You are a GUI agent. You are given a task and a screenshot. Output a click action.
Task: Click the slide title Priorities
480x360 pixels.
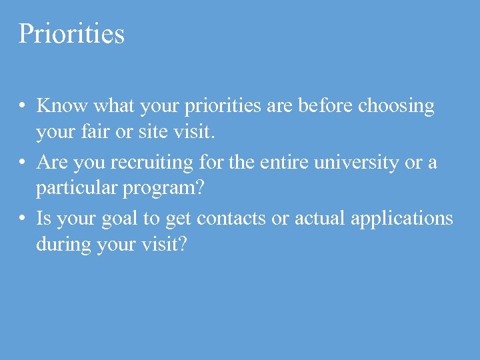coord(71,33)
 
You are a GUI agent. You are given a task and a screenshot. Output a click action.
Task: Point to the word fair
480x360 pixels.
coord(93,133)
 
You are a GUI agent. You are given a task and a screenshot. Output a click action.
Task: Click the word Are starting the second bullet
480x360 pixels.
coord(52,162)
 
